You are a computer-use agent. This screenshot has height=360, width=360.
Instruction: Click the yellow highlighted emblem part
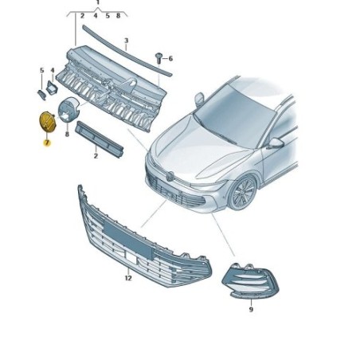(x=47, y=122)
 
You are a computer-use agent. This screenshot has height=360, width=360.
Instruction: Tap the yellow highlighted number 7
(x=47, y=143)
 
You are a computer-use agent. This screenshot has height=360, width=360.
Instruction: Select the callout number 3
(x=127, y=41)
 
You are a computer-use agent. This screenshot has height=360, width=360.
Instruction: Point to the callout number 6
(x=170, y=58)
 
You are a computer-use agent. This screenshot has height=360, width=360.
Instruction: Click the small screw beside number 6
(x=158, y=57)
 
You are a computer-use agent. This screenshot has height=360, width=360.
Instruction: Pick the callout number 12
(x=128, y=278)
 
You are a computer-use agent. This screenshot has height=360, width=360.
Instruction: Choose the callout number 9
(x=251, y=309)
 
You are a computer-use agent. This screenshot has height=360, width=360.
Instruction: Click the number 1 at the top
(x=98, y=2)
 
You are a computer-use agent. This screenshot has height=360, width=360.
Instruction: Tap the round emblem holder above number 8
(x=68, y=110)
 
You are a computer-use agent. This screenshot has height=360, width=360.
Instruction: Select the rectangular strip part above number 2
(x=99, y=139)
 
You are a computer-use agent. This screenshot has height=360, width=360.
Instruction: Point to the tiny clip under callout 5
(x=41, y=95)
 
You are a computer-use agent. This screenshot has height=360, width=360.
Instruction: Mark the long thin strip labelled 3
(x=127, y=50)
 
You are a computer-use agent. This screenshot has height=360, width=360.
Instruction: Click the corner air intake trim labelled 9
(x=250, y=281)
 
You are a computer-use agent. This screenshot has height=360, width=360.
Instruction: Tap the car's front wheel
(x=242, y=193)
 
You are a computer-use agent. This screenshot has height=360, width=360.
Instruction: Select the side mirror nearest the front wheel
(x=276, y=143)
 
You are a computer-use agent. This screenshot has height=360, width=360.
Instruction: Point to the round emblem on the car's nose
(x=170, y=175)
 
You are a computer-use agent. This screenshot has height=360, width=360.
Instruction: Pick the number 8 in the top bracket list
(x=118, y=16)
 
